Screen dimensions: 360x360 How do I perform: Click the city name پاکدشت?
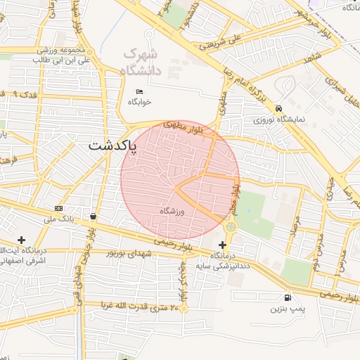tap(113, 147)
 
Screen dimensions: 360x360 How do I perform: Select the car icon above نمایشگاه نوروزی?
tap(280, 108)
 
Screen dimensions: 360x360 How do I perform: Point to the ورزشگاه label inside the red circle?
tap(172, 211)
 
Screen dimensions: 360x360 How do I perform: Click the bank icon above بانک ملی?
tap(58, 208)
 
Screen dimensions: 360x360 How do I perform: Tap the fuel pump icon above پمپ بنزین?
tap(287, 297)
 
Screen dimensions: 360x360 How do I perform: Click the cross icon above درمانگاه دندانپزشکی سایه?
tap(223, 243)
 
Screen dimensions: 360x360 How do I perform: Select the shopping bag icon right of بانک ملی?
tap(94, 217)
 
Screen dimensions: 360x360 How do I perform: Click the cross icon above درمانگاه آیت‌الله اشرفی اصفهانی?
tap(22, 240)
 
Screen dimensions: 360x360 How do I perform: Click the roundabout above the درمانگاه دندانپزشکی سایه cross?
tap(231, 226)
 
